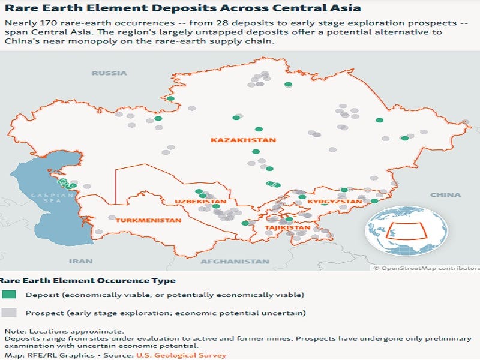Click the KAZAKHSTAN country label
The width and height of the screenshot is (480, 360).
tap(243, 140)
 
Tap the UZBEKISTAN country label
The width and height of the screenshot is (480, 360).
tap(200, 202)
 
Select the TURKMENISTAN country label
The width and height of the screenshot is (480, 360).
tap(148, 220)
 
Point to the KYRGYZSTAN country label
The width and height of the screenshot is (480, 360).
tap(335, 202)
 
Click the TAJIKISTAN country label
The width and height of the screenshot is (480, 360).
tap(288, 228)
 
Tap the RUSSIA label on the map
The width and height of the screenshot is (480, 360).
tap(109, 73)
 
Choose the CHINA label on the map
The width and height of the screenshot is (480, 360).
tap(445, 195)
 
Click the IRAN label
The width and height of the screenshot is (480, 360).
tap(80, 261)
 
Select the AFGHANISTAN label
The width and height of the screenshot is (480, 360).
tap(235, 262)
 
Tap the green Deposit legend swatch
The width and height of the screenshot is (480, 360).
tap(9, 295)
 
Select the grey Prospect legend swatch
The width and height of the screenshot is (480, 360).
tap(9, 313)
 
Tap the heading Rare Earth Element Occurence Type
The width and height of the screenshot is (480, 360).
tap(88, 280)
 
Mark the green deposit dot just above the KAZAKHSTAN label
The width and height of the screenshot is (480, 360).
tap(259, 129)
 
